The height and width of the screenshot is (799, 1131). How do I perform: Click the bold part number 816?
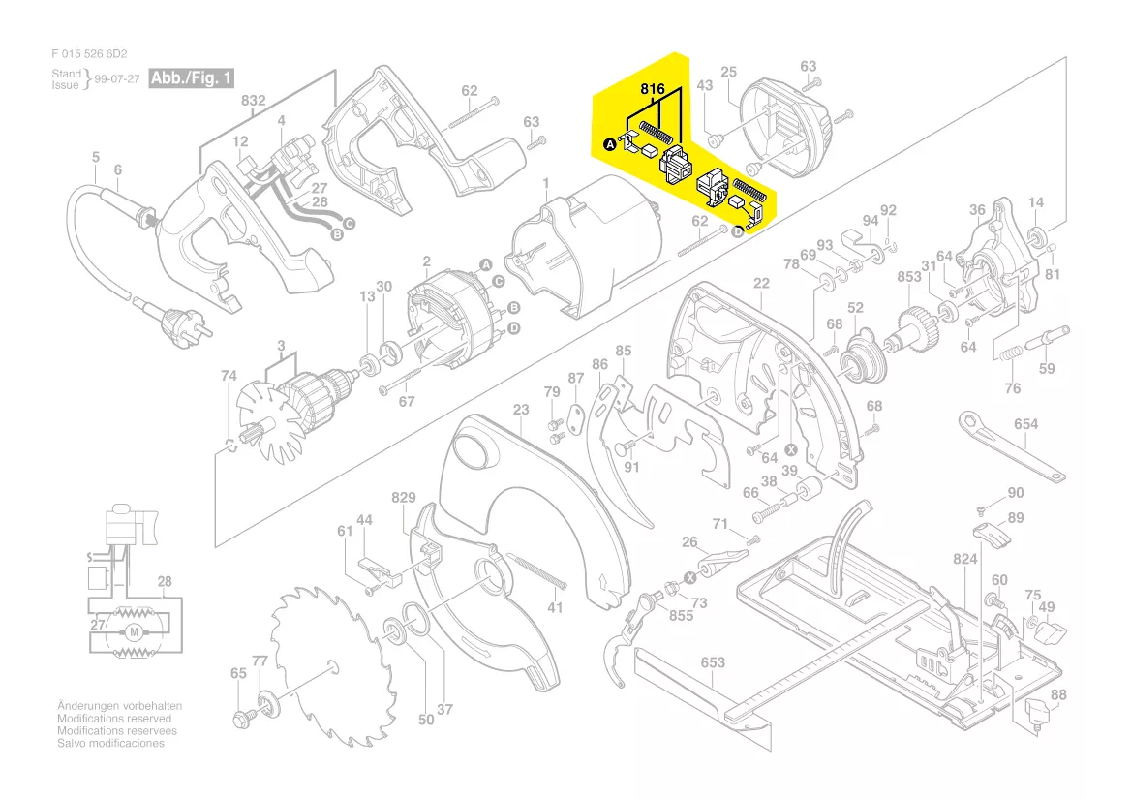click(x=652, y=89)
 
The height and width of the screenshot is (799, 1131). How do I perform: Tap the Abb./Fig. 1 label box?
click(x=192, y=77)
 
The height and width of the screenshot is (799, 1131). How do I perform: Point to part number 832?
click(x=253, y=101)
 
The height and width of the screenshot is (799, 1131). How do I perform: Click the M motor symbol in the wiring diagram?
click(x=135, y=632)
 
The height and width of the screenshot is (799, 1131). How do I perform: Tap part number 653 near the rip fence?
click(x=713, y=662)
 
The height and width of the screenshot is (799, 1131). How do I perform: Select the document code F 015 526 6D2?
click(x=89, y=54)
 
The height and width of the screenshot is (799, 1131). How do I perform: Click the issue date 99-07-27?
click(x=117, y=79)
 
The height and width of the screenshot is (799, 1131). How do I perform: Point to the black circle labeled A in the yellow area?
click(x=609, y=145)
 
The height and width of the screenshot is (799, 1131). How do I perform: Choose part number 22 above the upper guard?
click(x=761, y=284)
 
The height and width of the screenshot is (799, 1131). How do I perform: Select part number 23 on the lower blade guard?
click(x=521, y=410)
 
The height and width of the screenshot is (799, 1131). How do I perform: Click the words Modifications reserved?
click(x=114, y=719)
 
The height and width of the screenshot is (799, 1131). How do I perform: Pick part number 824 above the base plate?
click(x=965, y=559)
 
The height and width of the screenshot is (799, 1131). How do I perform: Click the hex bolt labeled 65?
click(x=241, y=719)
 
